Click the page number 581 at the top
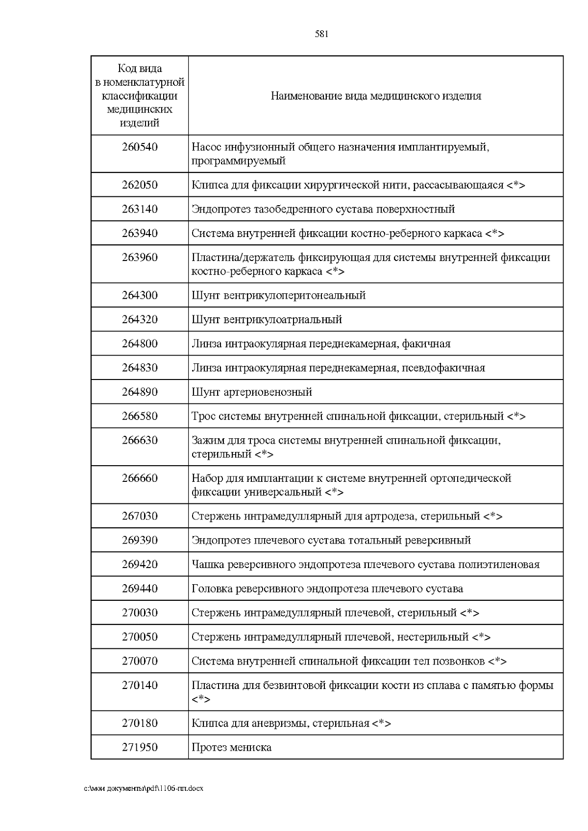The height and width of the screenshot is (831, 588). [x=321, y=34]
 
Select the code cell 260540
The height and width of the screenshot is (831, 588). [x=140, y=147]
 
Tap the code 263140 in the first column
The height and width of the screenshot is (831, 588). [x=140, y=209]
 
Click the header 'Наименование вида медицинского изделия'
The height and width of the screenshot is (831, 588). [x=376, y=96]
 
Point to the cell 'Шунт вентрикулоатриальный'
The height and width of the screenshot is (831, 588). [x=267, y=320]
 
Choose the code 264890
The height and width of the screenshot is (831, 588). [x=140, y=392]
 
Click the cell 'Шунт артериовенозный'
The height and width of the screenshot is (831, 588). [x=252, y=392]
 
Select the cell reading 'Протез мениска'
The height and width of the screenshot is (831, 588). [x=231, y=747]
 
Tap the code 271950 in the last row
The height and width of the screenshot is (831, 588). [x=140, y=747]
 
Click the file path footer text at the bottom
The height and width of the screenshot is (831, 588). [x=144, y=788]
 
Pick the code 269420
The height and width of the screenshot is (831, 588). [x=140, y=564]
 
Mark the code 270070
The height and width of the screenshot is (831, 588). [x=140, y=661]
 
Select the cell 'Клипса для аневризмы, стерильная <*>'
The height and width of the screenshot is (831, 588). [x=291, y=723]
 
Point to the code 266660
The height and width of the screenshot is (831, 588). [x=140, y=478]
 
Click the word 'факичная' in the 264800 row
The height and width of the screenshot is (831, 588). [x=426, y=344]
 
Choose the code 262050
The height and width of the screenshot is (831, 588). [x=140, y=185]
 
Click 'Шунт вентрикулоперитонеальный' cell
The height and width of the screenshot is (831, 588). [x=278, y=296]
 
